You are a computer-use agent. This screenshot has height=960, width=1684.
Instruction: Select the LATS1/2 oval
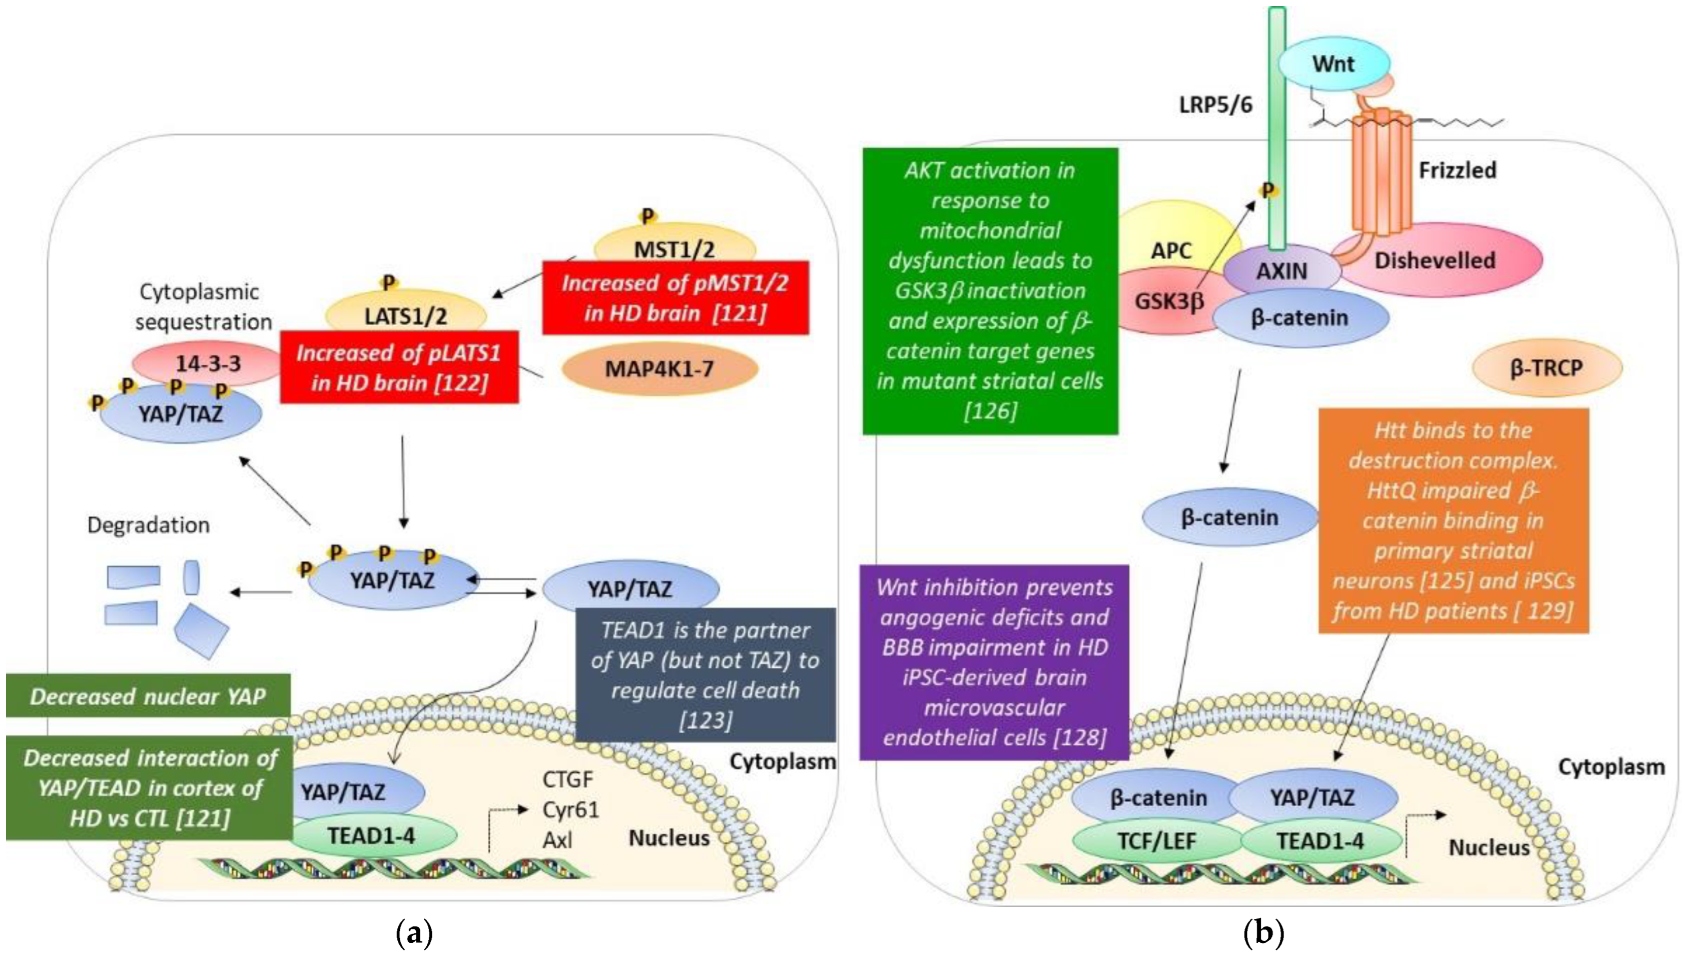tap(406, 313)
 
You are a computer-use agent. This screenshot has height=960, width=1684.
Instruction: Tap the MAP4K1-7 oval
tap(659, 368)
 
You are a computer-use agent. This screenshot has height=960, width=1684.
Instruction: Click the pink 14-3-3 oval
tap(208, 363)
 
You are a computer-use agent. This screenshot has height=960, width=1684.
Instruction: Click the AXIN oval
tap(1282, 270)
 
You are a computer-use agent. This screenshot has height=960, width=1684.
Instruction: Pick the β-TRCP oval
tap(1546, 367)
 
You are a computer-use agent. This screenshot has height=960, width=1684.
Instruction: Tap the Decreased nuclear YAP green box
tap(148, 696)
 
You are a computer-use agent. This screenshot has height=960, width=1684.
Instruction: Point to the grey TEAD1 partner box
tap(705, 674)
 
